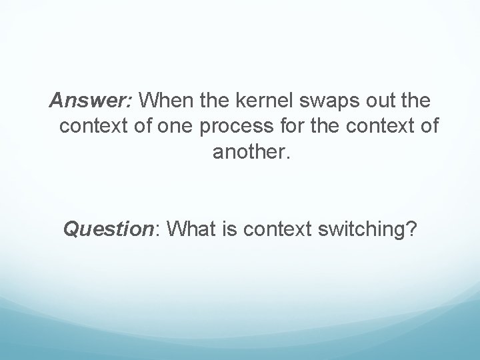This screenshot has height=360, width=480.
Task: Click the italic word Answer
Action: (91, 101)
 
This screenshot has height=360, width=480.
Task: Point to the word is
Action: (232, 230)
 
